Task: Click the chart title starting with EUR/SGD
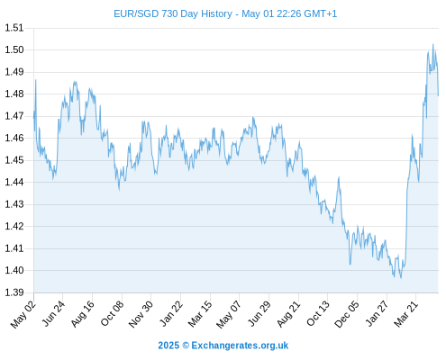point(225,13)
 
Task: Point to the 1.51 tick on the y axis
point(14,28)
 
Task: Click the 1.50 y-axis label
point(14,49)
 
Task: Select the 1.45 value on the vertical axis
point(14,160)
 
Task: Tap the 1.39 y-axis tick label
point(14,292)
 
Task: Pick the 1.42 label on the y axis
point(14,226)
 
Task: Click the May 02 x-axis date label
point(23,314)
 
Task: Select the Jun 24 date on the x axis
point(53,313)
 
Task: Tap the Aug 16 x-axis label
point(83,314)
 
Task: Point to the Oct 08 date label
point(112,313)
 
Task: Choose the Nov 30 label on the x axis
point(141,314)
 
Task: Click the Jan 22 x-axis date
point(171,313)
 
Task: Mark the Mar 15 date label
point(200,314)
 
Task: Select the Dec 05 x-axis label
point(347,314)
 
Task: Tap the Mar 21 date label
point(406,314)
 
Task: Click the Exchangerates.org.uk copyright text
point(223,346)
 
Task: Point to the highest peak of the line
point(432,44)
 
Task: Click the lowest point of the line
point(401,278)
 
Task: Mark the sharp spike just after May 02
point(36,80)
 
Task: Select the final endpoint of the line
point(438,95)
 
